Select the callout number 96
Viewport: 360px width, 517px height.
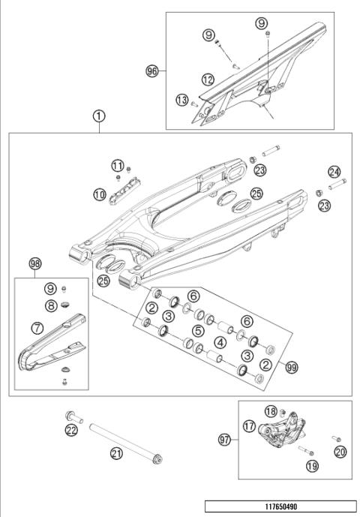tap(154, 71)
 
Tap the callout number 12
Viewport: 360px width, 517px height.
tap(208, 78)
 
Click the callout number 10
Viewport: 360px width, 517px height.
tap(100, 194)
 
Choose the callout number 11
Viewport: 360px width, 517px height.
tap(117, 165)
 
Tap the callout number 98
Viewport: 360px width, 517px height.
tap(34, 263)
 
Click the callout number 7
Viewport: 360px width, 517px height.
tap(36, 328)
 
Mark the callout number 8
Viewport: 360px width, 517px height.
tap(50, 305)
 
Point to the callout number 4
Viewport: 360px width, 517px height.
tap(220, 341)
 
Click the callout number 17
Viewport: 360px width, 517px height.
tap(249, 425)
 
